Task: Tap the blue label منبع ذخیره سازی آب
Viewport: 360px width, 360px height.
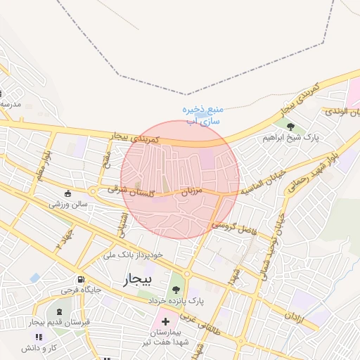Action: click(202, 115)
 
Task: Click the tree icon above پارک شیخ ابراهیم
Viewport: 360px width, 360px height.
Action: click(290, 126)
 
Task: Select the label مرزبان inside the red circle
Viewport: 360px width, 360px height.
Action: click(192, 191)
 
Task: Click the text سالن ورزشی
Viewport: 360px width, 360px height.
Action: click(68, 204)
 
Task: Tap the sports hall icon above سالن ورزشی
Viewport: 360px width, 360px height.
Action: click(67, 193)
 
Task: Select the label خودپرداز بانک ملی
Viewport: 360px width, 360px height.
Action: click(133, 254)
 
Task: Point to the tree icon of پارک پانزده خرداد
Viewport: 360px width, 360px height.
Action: click(175, 288)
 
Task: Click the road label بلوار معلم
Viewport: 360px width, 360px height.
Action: click(43, 161)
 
